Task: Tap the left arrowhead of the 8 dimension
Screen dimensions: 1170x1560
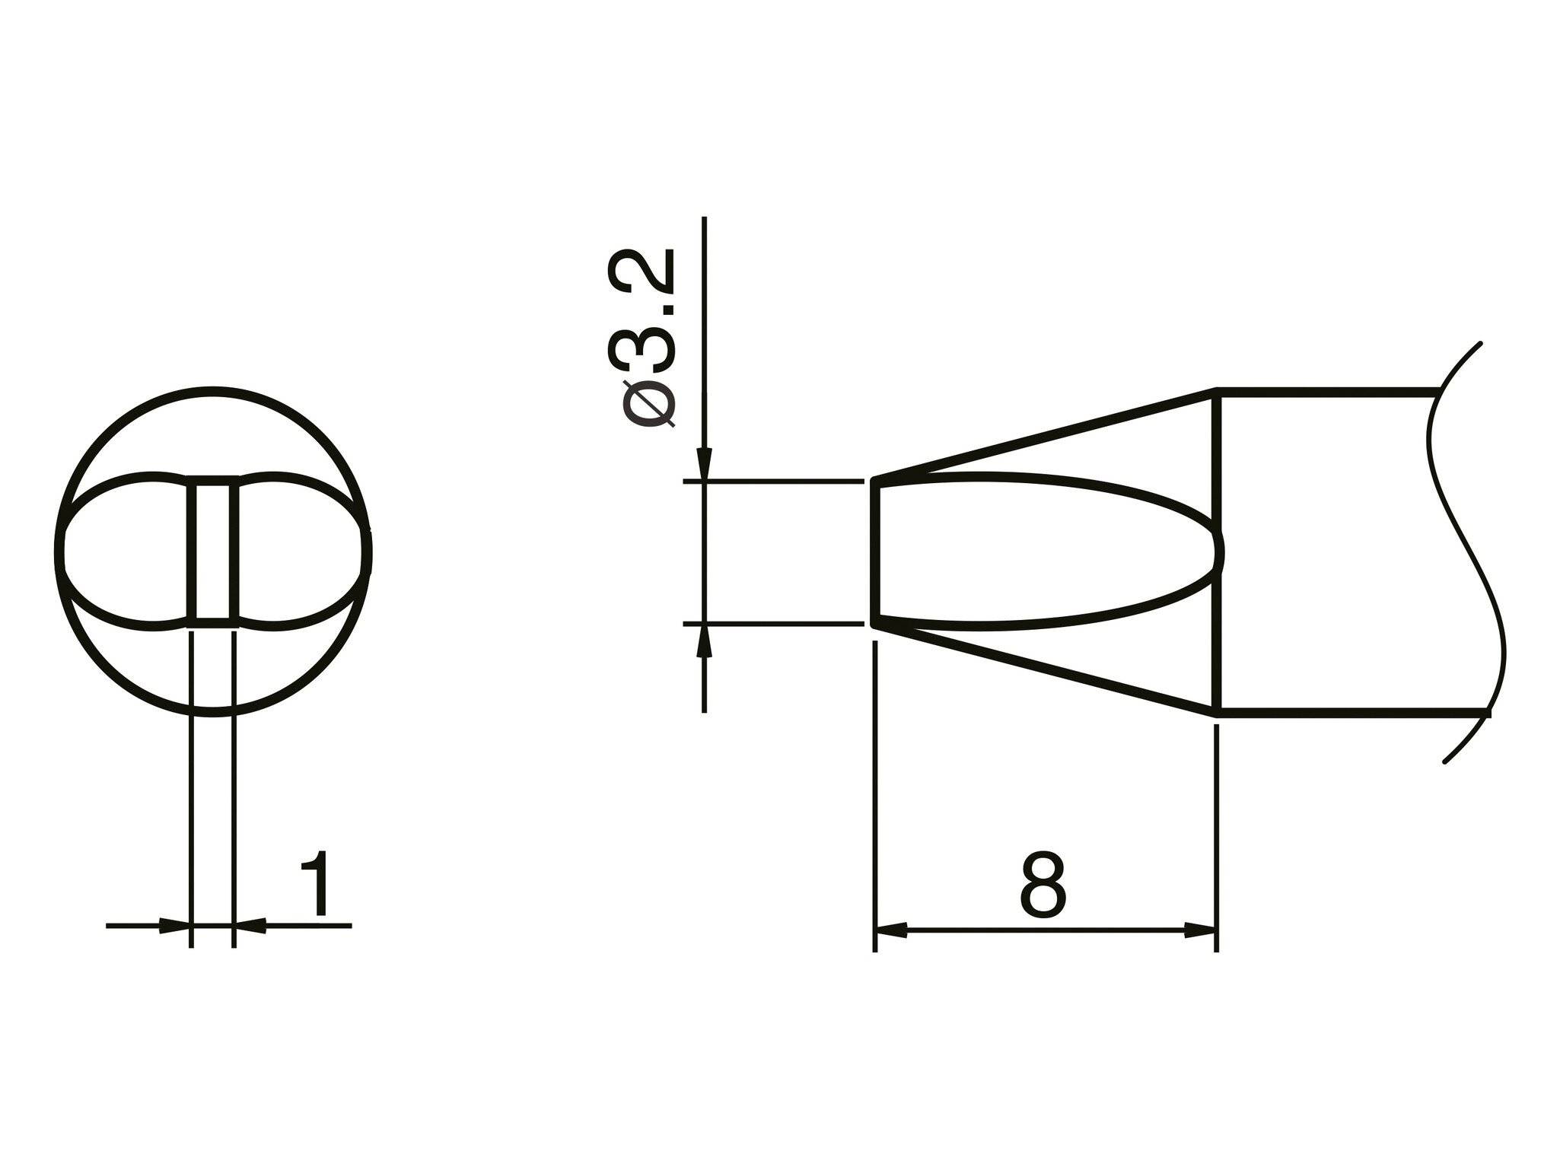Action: click(892, 930)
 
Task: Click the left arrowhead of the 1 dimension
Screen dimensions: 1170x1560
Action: click(174, 926)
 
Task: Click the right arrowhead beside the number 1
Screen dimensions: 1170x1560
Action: click(250, 926)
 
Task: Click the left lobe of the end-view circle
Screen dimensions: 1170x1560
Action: click(126, 552)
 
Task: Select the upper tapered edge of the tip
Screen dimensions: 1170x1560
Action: click(1043, 434)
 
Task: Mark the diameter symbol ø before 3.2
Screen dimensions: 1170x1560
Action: click(648, 404)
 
